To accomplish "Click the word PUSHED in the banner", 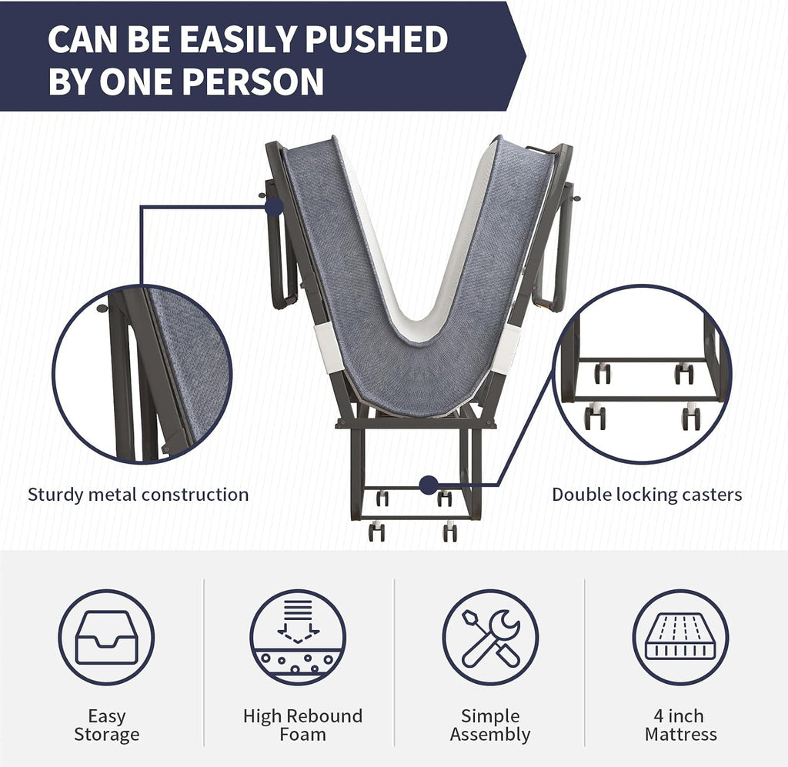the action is click(x=376, y=39).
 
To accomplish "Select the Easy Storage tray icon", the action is click(x=106, y=637).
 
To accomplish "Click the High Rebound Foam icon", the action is click(x=298, y=637).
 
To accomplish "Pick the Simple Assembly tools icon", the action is click(x=490, y=637).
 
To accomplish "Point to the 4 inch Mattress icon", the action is click(x=680, y=637).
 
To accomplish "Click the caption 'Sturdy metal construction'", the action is click(x=139, y=494).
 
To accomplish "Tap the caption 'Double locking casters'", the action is click(x=646, y=494).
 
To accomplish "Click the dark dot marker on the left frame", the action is click(x=275, y=206).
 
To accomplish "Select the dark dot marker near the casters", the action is click(x=429, y=485).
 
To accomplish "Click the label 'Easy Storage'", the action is click(x=106, y=725).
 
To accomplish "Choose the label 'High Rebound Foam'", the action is click(x=302, y=725).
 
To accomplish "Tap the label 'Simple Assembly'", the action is click(x=490, y=725).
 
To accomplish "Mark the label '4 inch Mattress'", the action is click(x=680, y=725).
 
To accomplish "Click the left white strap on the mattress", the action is click(x=326, y=347).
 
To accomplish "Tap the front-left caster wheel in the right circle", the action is click(x=595, y=417).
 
